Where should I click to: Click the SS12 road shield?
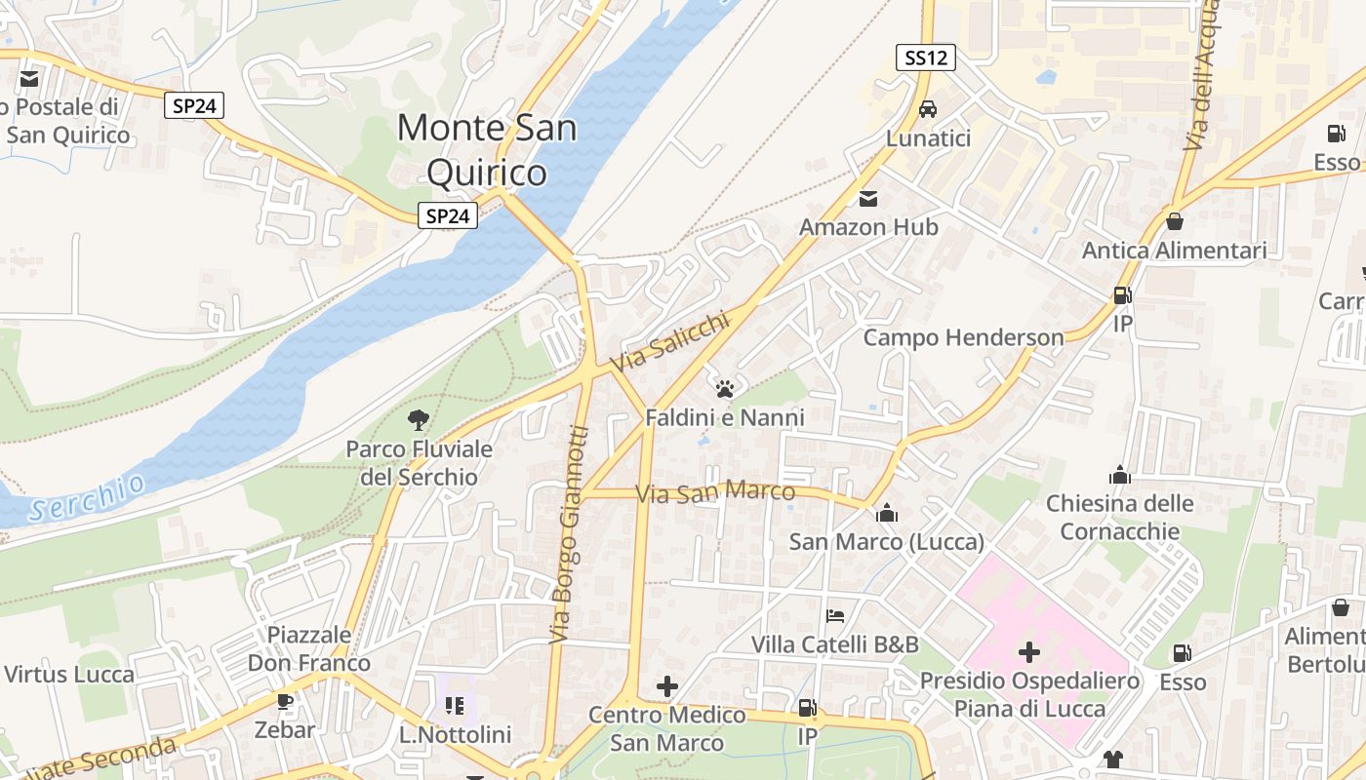pyautogui.click(x=925, y=58)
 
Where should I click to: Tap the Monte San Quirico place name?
pyautogui.click(x=487, y=149)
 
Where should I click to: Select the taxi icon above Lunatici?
pyautogui.click(x=928, y=108)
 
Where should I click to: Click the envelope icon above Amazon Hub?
pyautogui.click(x=867, y=199)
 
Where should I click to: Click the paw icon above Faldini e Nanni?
pyautogui.click(x=724, y=389)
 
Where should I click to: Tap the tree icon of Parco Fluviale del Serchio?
pyautogui.click(x=419, y=420)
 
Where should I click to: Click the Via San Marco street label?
pyautogui.click(x=714, y=493)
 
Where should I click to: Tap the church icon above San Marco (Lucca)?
pyautogui.click(x=886, y=512)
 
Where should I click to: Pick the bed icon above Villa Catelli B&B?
pyautogui.click(x=834, y=615)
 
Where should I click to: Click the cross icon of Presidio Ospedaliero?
pyautogui.click(x=1028, y=651)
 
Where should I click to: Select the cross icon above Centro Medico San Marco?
pyautogui.click(x=667, y=686)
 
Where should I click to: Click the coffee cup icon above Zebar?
pyautogui.click(x=284, y=701)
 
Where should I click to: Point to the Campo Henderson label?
pyautogui.click(x=963, y=337)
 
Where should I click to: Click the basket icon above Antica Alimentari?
pyautogui.click(x=1175, y=221)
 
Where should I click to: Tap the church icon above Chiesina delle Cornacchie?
pyautogui.click(x=1119, y=475)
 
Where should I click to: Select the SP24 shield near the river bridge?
pyautogui.click(x=448, y=216)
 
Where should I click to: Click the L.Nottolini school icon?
pyautogui.click(x=455, y=705)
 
